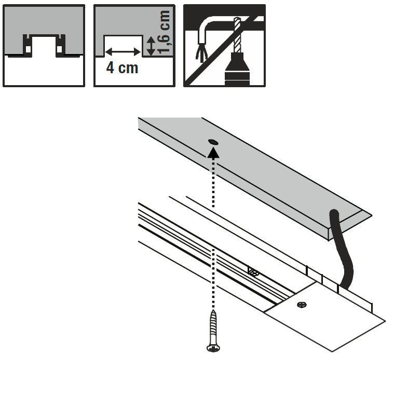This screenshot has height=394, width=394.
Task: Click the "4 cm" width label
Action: tap(123, 68)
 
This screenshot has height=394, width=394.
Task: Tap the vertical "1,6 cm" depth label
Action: tap(164, 32)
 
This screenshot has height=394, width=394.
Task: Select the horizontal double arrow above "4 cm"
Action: tap(123, 51)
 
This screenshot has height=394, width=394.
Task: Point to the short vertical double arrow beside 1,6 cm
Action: tap(150, 46)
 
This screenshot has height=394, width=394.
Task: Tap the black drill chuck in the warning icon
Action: tap(238, 67)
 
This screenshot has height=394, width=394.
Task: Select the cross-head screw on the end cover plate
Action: tap(301, 305)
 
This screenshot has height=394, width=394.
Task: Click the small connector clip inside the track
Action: tap(253, 271)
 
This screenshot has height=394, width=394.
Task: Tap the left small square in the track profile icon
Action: tap(28, 50)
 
